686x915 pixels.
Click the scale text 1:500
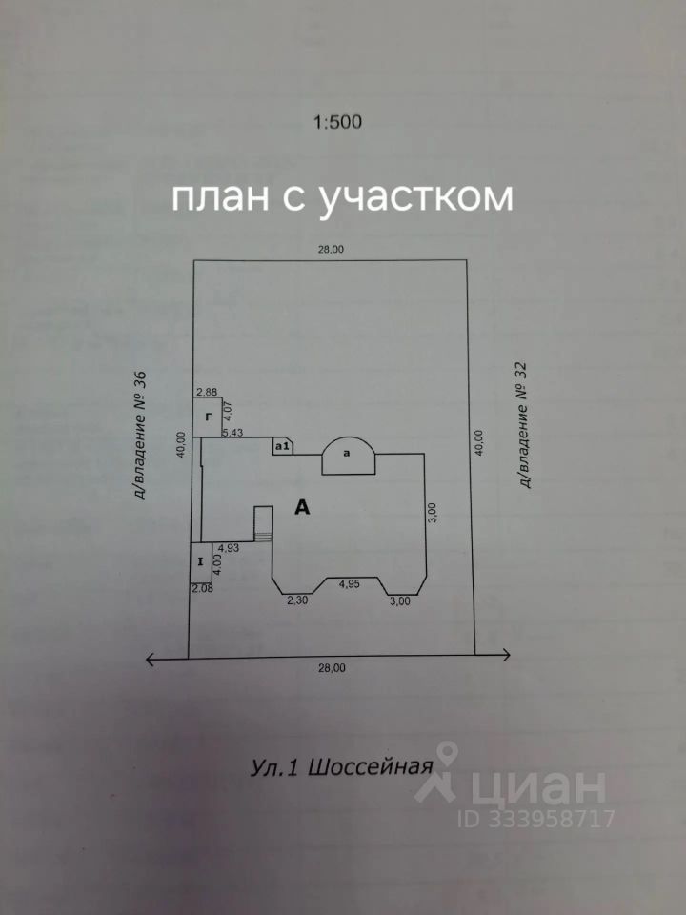(x=337, y=122)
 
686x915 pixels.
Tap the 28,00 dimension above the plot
(x=331, y=249)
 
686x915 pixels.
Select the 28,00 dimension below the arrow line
(x=332, y=668)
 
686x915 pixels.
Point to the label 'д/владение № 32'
(x=523, y=425)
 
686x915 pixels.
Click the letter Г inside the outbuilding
(x=207, y=417)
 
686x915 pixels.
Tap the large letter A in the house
(x=302, y=508)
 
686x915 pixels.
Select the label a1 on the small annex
(x=282, y=446)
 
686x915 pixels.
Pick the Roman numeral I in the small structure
(x=201, y=561)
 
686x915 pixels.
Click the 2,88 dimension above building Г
(x=207, y=392)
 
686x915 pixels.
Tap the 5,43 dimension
(x=233, y=433)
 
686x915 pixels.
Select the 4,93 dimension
(x=228, y=547)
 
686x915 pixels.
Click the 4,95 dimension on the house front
(x=349, y=585)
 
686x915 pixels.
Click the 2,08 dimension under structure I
(x=202, y=588)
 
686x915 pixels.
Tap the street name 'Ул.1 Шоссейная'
(x=342, y=766)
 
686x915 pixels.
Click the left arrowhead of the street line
(x=150, y=659)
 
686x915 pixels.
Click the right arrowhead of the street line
(x=506, y=655)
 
